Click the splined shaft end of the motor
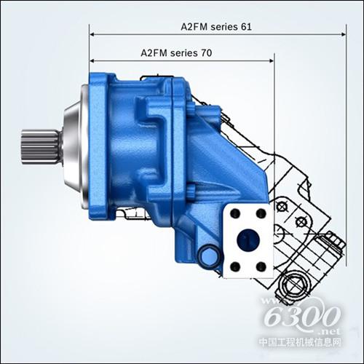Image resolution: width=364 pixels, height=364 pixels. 40,147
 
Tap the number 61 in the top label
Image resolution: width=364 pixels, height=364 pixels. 246,27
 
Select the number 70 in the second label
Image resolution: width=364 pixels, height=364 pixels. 206,53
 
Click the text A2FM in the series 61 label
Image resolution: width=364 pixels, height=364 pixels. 194,27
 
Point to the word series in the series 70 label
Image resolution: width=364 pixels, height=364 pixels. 184,53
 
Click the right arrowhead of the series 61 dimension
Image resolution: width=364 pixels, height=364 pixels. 343,34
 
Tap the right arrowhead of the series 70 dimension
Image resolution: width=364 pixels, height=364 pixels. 272,60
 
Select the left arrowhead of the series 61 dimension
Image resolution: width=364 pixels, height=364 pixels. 92,34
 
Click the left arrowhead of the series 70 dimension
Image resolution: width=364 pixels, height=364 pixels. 92,60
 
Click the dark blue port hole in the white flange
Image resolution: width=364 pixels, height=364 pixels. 248,240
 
